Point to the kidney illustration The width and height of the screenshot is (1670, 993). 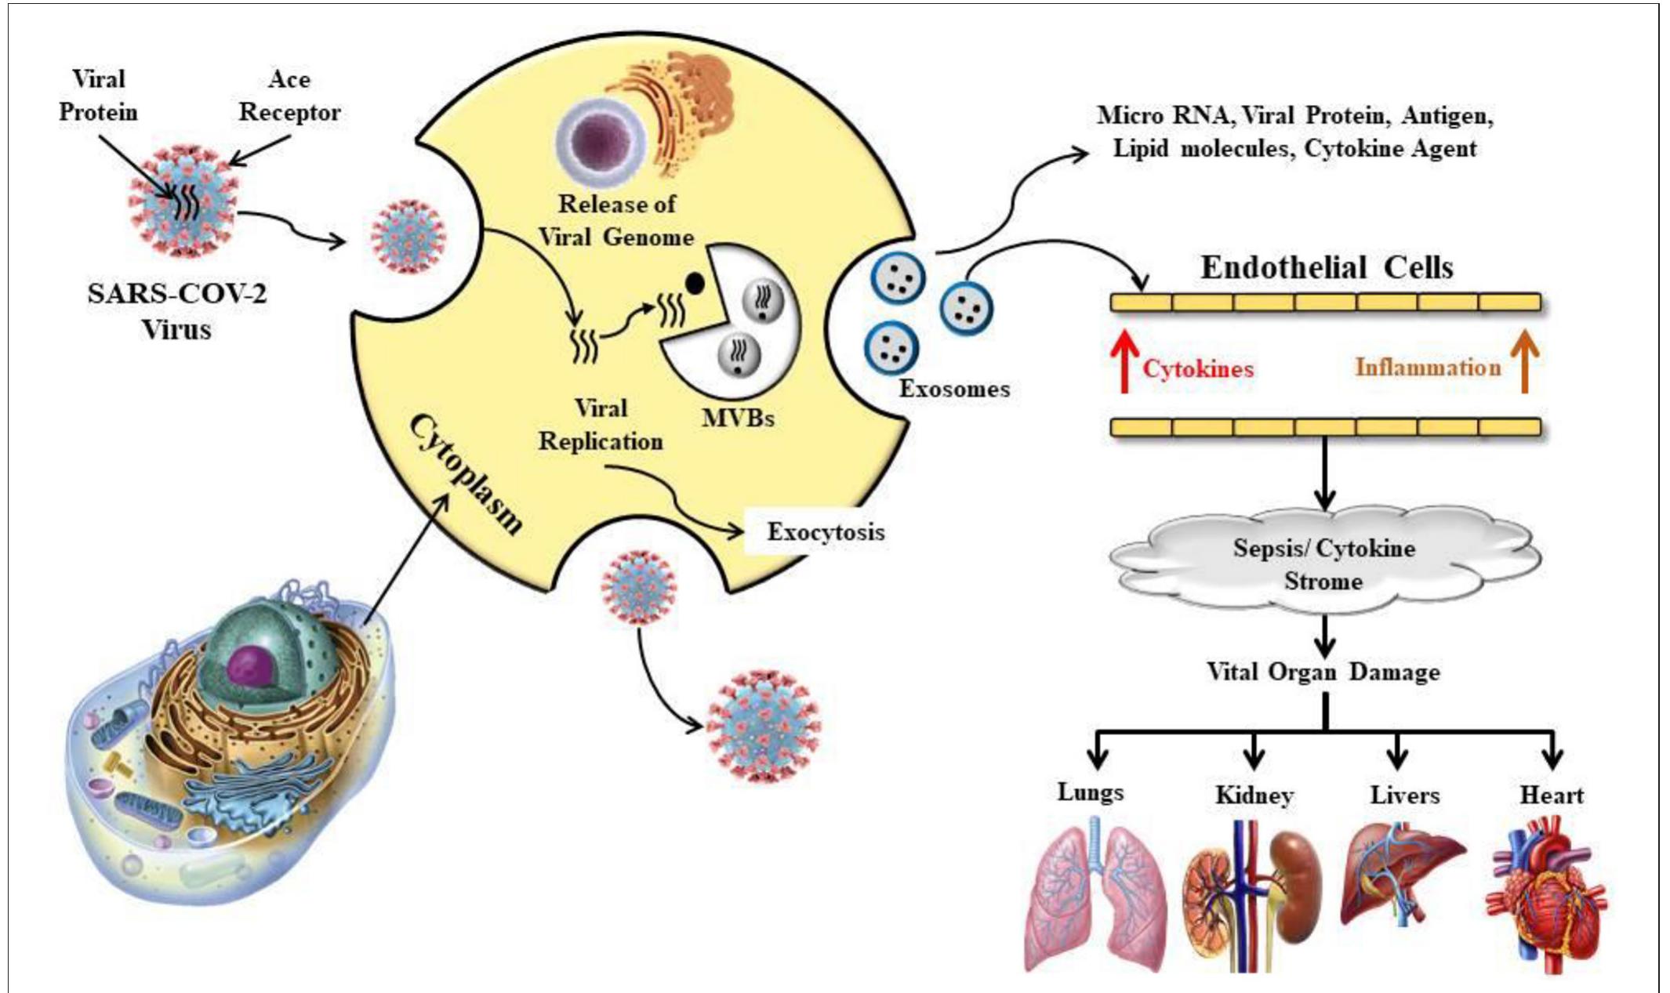(1252, 893)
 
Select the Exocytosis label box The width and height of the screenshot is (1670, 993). (824, 532)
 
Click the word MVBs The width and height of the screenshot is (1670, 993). (738, 418)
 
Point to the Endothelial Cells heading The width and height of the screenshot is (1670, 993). (1327, 267)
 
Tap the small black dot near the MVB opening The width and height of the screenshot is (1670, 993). (695, 283)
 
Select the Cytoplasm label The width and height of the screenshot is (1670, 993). (466, 475)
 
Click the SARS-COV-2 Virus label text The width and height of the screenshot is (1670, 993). (176, 311)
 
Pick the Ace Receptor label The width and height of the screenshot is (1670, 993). (289, 96)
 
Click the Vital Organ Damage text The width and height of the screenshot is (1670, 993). (1323, 672)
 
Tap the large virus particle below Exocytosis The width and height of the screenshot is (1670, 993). (762, 725)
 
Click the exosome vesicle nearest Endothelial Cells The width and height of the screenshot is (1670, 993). (966, 308)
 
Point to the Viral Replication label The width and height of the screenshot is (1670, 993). (601, 425)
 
